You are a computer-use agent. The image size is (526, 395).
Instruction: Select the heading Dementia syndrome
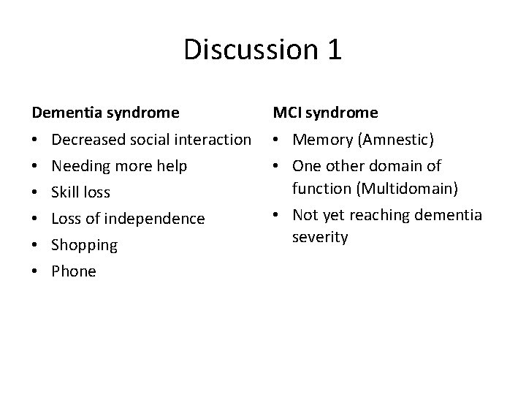point(104,113)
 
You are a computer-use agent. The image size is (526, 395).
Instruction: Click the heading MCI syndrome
point(325,113)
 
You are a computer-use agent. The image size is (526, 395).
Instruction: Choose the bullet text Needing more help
point(119,166)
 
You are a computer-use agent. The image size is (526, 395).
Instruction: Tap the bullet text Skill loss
point(81,192)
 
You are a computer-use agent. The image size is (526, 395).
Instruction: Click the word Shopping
point(85,245)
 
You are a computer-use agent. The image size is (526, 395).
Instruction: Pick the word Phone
point(75,271)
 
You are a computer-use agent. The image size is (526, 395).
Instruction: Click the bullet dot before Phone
point(35,271)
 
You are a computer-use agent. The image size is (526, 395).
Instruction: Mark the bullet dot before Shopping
point(35,245)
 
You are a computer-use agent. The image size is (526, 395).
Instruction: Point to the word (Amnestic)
point(387,140)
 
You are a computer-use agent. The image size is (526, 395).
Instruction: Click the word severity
point(319,238)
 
